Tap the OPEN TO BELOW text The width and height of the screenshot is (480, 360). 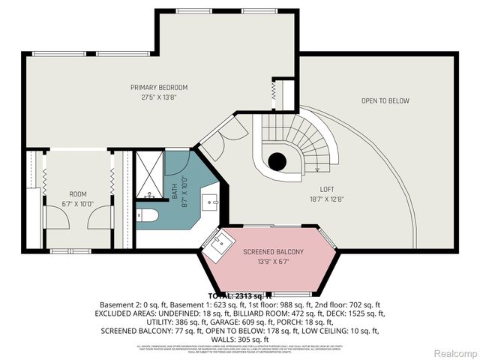pyautogui.click(x=385, y=100)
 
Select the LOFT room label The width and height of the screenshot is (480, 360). pyautogui.click(x=326, y=189)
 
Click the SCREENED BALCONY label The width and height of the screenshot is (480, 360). pyautogui.click(x=273, y=252)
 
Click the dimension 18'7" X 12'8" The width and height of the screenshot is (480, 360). pyautogui.click(x=326, y=198)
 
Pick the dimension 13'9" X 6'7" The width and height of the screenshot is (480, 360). pyautogui.click(x=273, y=261)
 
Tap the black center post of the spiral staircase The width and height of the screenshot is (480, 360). pyautogui.click(x=277, y=160)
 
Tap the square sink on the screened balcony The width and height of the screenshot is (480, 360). pyautogui.click(x=222, y=243)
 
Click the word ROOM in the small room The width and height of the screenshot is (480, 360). pyautogui.click(x=78, y=193)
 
